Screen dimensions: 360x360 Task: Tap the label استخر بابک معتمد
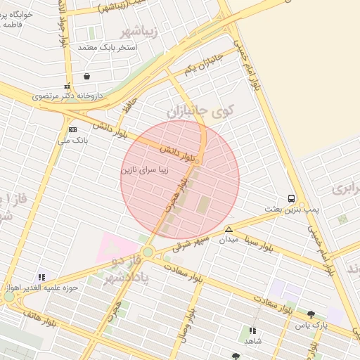click(107, 47)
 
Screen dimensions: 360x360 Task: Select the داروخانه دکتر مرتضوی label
click(70, 95)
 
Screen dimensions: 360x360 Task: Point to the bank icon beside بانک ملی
click(72, 129)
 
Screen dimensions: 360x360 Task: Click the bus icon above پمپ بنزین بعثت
click(291, 198)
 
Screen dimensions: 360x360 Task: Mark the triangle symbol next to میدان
click(229, 229)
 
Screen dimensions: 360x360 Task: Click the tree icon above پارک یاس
click(311, 314)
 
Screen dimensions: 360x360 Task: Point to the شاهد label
click(252, 340)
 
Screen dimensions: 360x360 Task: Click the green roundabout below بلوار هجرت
click(147, 252)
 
